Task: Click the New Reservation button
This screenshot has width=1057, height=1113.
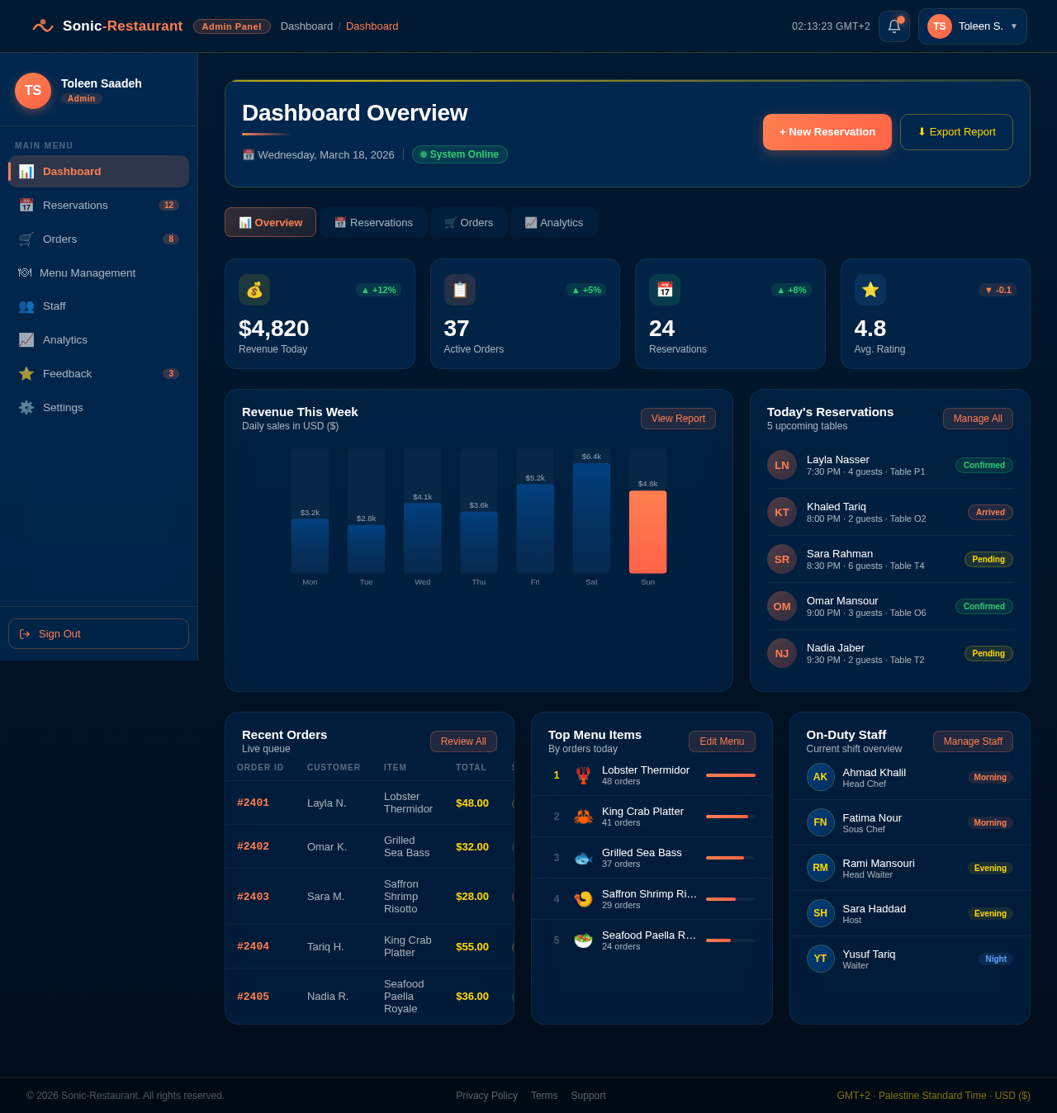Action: point(827,132)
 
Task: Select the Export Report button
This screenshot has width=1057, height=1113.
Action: point(956,132)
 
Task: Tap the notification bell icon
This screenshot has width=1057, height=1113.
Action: point(893,26)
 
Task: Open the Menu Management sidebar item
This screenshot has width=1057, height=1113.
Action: point(88,272)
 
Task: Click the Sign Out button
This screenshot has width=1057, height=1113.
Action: point(98,634)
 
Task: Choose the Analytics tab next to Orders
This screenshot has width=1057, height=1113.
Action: point(553,222)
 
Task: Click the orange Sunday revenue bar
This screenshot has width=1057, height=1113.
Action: point(647,532)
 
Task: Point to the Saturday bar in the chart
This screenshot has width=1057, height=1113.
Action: point(591,518)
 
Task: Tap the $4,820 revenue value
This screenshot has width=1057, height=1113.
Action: point(273,329)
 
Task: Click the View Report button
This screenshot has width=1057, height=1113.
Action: point(678,419)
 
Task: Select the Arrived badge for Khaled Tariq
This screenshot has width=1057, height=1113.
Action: point(990,512)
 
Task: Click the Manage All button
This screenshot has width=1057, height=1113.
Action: point(978,419)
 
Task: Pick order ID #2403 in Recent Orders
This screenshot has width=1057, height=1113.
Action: point(253,897)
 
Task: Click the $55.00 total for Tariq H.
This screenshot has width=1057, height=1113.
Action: point(472,946)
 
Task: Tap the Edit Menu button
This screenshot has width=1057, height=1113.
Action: point(722,741)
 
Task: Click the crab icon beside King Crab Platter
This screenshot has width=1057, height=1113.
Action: point(583,817)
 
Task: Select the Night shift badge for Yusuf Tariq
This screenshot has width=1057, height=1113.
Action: point(996,959)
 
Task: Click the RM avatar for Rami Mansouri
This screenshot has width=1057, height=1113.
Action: point(820,868)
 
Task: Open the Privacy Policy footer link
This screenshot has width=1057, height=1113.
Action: point(486,1096)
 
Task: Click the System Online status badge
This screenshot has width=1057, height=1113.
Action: point(460,154)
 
